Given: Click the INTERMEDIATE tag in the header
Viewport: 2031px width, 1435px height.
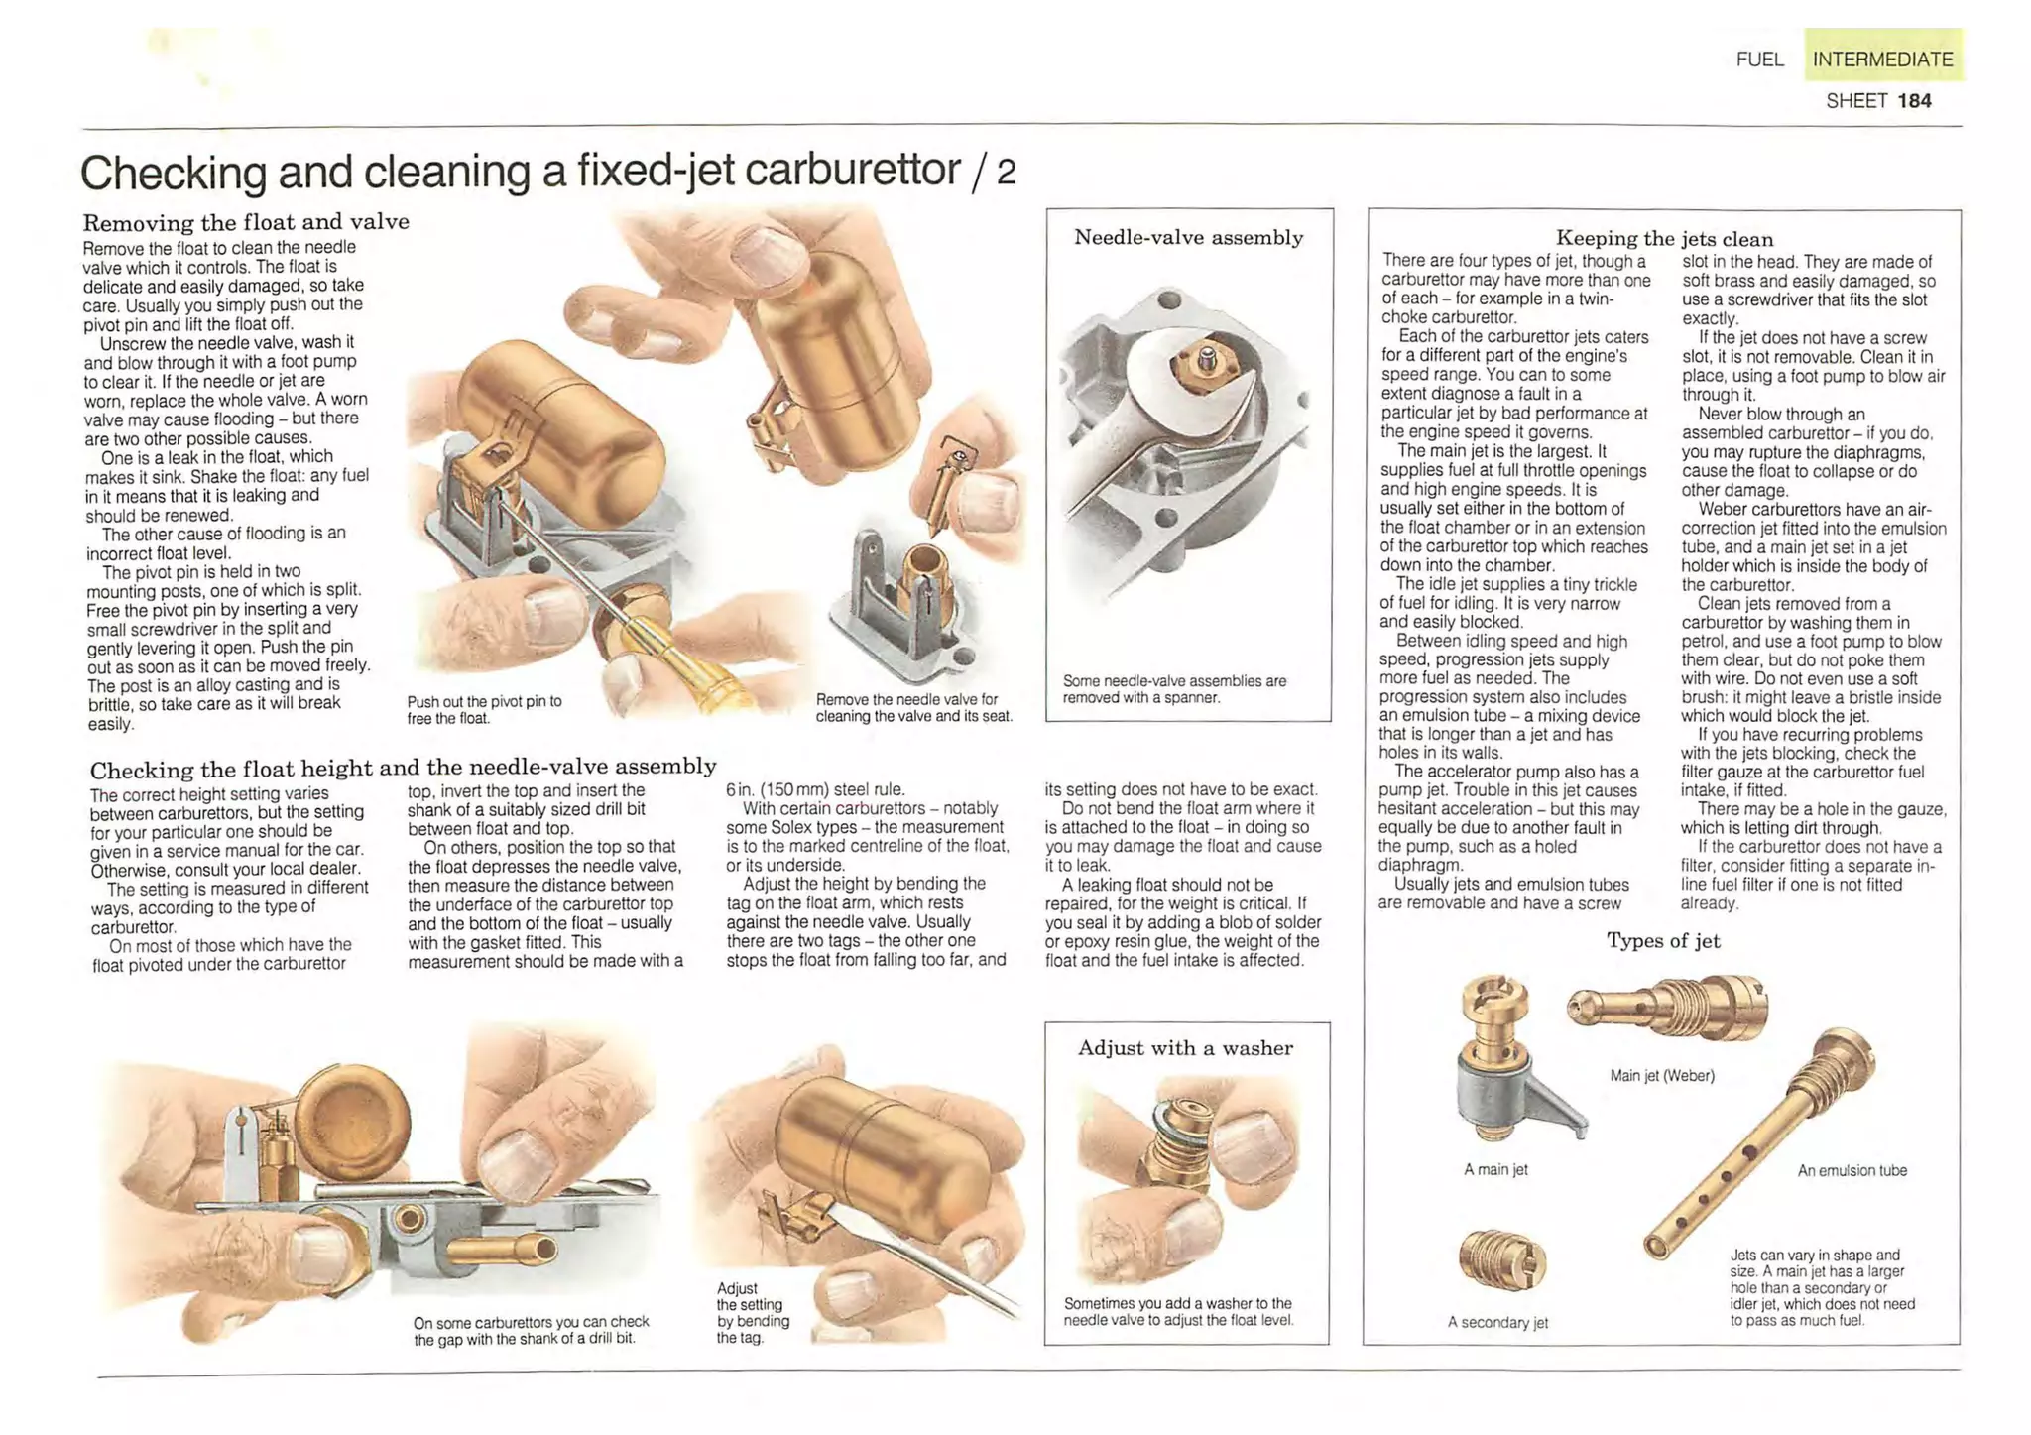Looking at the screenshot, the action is click(1882, 59).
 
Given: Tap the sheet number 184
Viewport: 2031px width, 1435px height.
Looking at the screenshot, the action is click(1914, 101).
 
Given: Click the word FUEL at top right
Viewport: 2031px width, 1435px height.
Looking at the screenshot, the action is click(1760, 60).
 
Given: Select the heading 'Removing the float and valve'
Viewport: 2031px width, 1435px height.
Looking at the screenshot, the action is click(246, 222).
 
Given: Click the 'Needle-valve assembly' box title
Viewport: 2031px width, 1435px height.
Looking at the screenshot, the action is click(1189, 237).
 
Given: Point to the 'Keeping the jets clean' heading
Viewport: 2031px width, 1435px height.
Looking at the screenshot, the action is click(1664, 238).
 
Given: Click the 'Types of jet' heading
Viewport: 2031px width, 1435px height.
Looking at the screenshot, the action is click(1663, 940).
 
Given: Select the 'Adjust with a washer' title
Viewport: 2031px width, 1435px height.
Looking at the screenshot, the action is click(1186, 1048).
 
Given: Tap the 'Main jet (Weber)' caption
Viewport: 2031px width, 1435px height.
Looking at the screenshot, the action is click(1662, 1075).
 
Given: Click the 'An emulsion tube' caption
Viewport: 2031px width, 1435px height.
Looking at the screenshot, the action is click(1852, 1170).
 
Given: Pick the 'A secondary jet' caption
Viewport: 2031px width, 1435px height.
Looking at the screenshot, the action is click(1497, 1322).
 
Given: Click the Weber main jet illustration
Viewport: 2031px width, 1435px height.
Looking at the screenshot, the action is click(1667, 1006).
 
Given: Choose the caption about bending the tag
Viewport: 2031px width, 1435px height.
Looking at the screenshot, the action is click(753, 1312).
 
